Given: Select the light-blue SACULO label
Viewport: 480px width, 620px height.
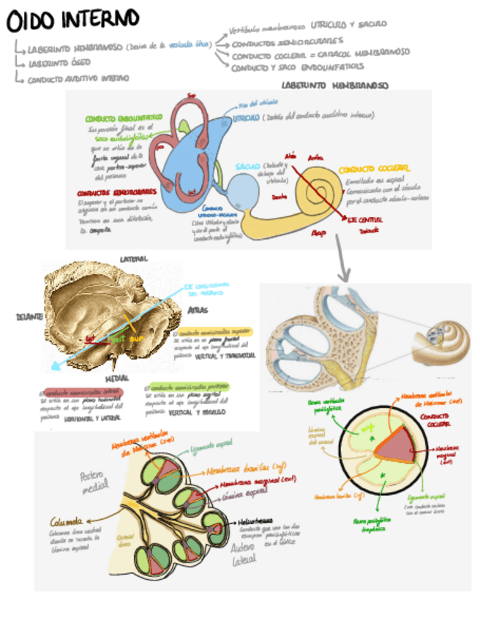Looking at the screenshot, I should [x=248, y=167].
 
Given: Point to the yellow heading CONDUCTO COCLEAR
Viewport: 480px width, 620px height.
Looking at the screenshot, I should [x=374, y=167].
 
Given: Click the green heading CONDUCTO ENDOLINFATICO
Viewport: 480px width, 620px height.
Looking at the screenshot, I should [x=124, y=118].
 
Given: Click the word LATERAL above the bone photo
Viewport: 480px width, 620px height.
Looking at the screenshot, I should [x=134, y=258].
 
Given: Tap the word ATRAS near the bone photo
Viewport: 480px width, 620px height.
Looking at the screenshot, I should [x=197, y=310].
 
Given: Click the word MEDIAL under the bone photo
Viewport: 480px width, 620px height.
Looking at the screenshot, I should [x=117, y=379].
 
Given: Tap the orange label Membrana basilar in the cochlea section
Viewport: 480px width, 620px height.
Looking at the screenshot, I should [x=238, y=466].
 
